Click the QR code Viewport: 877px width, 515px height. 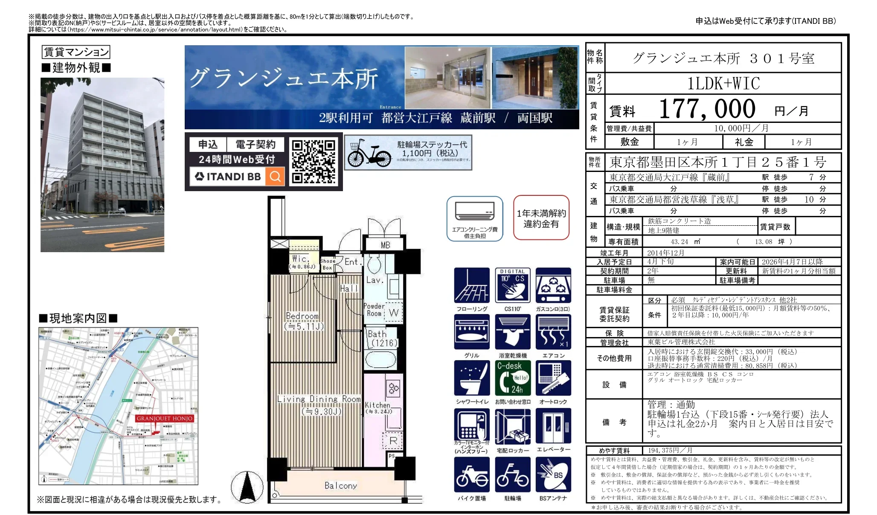(x=314, y=161)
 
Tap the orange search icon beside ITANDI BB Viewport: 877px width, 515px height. (x=275, y=176)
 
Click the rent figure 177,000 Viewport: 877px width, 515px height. (x=707, y=109)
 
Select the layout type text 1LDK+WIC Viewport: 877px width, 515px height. (x=723, y=84)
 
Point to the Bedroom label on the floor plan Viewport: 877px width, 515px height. (x=302, y=316)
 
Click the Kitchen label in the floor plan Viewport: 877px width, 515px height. (x=378, y=405)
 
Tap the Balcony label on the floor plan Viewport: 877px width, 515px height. (x=340, y=486)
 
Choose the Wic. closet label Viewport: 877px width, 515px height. (x=300, y=259)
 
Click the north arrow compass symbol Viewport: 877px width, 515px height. (x=247, y=487)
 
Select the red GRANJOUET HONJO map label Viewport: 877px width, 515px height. (x=165, y=419)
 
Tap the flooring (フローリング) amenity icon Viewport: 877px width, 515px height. (x=471, y=285)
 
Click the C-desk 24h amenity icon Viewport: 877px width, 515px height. (x=512, y=378)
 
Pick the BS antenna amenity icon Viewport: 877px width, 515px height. (x=553, y=474)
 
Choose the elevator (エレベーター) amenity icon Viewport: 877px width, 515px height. (x=553, y=426)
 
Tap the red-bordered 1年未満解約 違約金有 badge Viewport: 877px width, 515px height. (x=541, y=218)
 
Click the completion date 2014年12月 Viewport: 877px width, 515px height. (x=665, y=253)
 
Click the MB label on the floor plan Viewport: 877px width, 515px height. (x=385, y=245)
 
